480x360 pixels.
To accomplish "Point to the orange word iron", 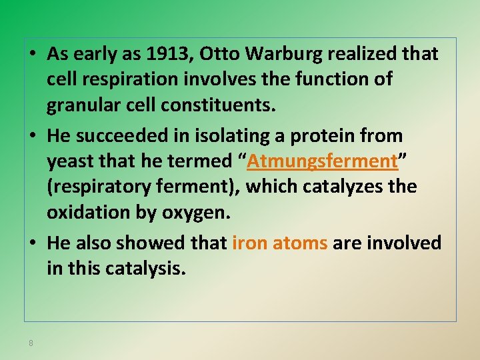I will [248, 243].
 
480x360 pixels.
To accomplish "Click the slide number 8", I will [31, 343].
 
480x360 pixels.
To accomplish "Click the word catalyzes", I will [342, 187].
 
